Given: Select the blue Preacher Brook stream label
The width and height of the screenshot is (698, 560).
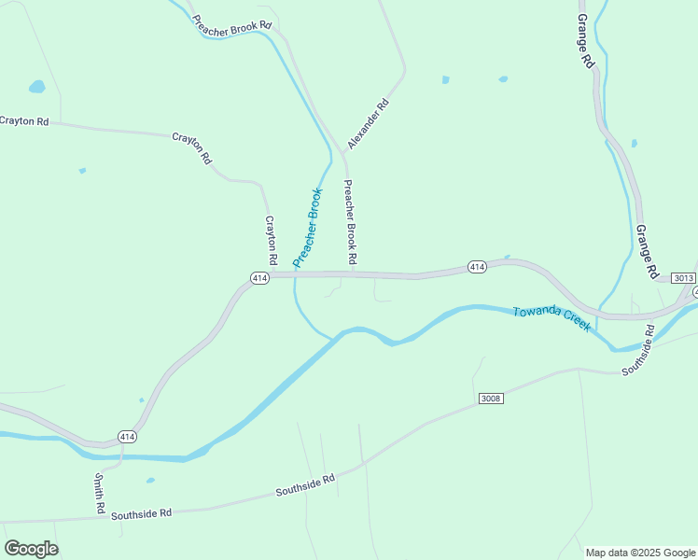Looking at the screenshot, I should [307, 228].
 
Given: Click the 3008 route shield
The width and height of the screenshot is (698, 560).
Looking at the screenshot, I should [491, 399].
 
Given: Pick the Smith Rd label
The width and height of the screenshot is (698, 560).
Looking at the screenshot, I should [99, 492].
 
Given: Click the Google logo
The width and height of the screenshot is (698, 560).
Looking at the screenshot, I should [31, 549].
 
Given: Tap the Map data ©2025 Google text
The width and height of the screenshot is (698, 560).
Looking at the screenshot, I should [640, 553].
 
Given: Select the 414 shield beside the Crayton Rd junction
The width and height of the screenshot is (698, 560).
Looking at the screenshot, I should [260, 277].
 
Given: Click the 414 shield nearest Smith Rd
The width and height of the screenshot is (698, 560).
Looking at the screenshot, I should [128, 436].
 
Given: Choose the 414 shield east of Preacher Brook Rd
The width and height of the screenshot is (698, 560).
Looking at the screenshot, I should [477, 268].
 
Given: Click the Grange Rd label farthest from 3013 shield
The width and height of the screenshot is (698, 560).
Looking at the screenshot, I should [585, 40].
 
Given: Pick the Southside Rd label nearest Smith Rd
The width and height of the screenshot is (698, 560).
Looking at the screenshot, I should [141, 513].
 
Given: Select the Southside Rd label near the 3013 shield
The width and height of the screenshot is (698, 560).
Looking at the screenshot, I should [637, 349].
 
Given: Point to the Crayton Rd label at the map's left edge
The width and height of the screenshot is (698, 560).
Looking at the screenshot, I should [24, 121].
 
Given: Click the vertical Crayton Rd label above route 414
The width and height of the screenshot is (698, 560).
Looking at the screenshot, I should [271, 239].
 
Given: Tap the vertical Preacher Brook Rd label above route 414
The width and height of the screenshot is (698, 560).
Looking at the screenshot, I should [351, 221].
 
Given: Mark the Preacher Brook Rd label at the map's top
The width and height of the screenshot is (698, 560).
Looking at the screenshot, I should [231, 23].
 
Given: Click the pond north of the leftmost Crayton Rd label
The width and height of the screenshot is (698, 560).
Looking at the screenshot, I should [36, 87].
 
